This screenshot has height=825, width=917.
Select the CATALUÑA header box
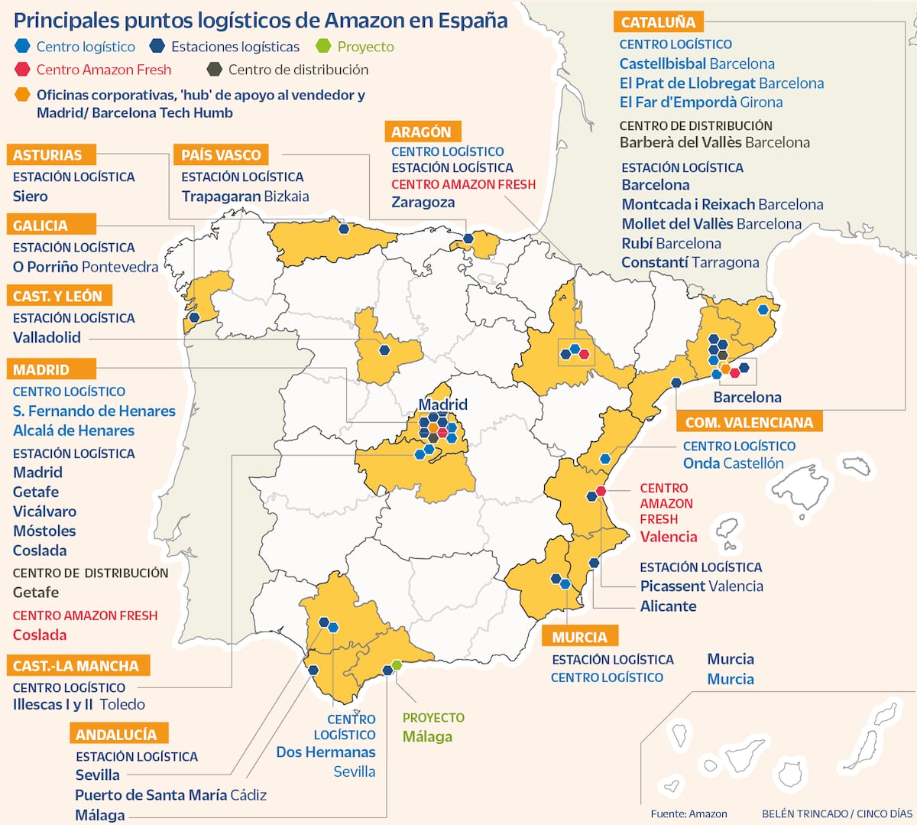point(658,22)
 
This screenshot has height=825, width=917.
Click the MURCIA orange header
point(579,637)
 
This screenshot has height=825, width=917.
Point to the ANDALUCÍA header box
point(117,734)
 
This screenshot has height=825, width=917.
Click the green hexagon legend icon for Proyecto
point(323,47)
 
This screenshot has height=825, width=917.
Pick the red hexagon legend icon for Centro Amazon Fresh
point(22,70)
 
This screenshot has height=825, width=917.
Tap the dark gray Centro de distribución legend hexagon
point(214,70)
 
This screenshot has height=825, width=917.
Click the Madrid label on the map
point(442,404)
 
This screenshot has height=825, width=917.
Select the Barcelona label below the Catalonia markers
point(747,397)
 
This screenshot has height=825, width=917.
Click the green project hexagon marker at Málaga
point(397,664)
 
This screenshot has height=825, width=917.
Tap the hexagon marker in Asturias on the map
point(345,228)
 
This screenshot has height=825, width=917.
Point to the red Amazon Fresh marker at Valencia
point(601,491)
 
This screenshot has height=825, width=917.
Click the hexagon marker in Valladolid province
point(384,350)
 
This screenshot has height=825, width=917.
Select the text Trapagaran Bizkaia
point(245,197)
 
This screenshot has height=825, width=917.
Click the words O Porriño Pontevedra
point(86,267)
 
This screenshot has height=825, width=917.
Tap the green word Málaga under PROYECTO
point(427,736)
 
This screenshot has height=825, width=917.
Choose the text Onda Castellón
point(733,463)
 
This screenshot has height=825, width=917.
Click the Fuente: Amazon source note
point(689,814)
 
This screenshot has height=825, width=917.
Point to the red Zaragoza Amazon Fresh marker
point(584,354)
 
